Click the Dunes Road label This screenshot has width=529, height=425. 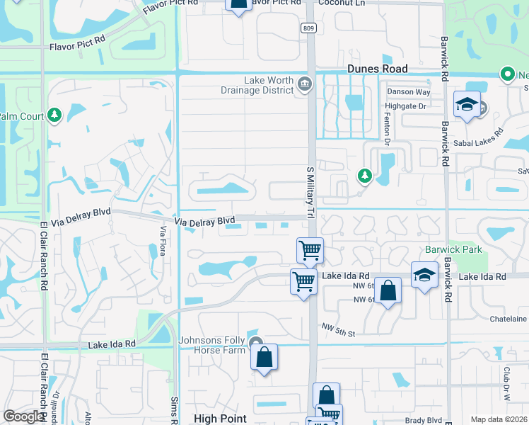(377, 69)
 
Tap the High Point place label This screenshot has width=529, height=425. (220, 419)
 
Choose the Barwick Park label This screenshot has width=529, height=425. (453, 249)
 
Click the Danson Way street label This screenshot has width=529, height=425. (408, 92)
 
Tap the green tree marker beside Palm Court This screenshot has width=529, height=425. (54, 115)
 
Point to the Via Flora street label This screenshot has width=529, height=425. (163, 241)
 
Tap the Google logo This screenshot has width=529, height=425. (25, 416)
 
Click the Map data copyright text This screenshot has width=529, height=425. (498, 419)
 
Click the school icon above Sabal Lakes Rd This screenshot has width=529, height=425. (467, 105)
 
